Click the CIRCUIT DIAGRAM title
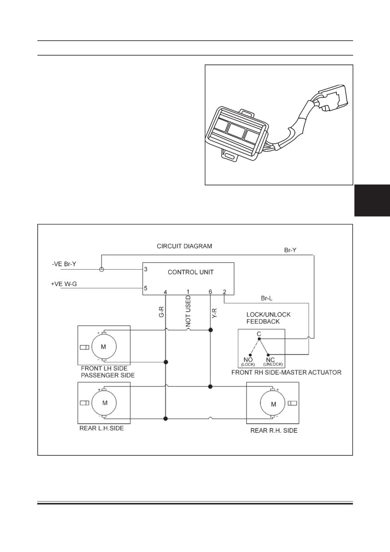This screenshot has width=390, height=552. click(x=184, y=246)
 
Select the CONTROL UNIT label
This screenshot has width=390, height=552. click(x=191, y=272)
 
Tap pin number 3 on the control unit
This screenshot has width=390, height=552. click(x=146, y=269)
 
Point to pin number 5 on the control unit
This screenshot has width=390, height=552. click(x=146, y=288)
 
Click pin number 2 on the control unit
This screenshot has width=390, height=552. click(x=224, y=292)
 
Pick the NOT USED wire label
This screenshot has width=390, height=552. click(x=188, y=311)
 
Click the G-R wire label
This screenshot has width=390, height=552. click(x=161, y=312)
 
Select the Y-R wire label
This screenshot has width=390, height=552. click(x=215, y=313)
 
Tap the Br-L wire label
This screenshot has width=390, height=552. click(x=267, y=298)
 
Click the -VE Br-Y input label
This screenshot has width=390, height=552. click(x=64, y=264)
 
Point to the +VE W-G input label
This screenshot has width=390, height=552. click(x=64, y=284)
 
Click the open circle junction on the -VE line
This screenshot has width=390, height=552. click(x=102, y=269)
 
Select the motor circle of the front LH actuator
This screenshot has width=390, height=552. click(x=104, y=347)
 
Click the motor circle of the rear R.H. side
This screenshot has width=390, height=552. click(x=273, y=403)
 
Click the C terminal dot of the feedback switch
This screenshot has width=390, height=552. click(x=259, y=339)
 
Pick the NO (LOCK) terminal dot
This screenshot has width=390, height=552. click(x=250, y=355)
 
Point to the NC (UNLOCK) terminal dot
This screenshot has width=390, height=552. click(x=268, y=355)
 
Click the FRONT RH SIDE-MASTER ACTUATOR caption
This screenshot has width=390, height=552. click(x=286, y=372)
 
